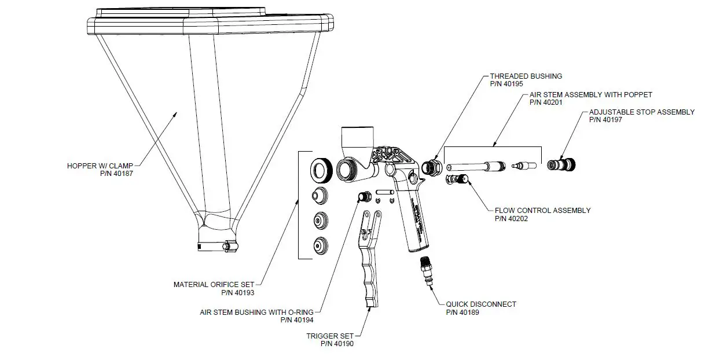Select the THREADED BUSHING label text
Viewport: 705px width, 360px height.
point(526,76)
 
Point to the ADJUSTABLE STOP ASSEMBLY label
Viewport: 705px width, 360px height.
point(641,112)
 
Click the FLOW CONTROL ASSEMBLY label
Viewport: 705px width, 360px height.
point(542,211)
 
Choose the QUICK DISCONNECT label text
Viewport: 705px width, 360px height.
point(481,304)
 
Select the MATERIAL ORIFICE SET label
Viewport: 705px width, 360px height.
point(214,284)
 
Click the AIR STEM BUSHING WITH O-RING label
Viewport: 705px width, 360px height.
point(256,311)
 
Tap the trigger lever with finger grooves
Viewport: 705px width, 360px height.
point(371,260)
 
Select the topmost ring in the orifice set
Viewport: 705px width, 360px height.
point(320,170)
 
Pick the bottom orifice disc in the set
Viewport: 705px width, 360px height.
point(320,246)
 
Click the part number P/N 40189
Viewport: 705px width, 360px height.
point(462,312)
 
